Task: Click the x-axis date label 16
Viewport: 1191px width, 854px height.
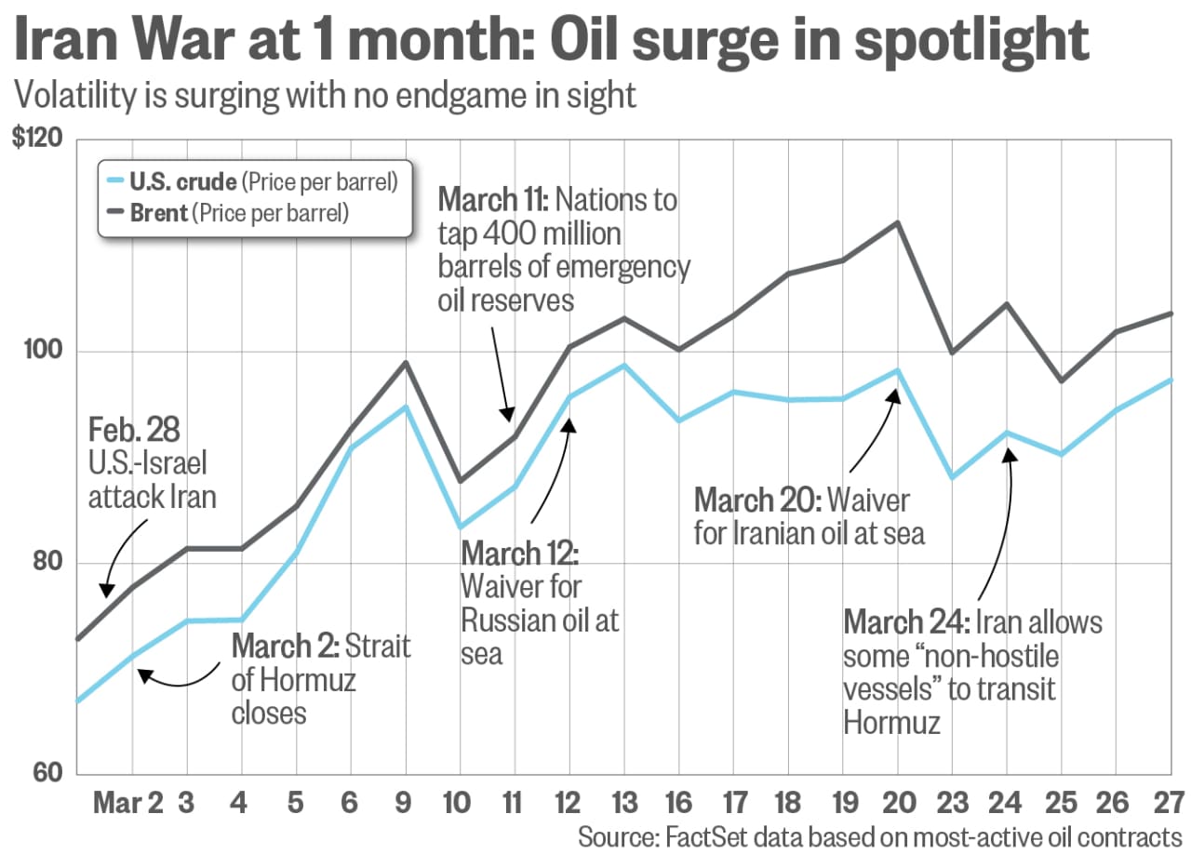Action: pos(679,803)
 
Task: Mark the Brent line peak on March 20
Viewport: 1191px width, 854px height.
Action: pos(898,222)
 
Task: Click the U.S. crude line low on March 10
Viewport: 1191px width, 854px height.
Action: pos(460,527)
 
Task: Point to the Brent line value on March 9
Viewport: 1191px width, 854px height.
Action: pos(405,362)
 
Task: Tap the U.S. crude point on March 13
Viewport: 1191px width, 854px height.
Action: pos(624,365)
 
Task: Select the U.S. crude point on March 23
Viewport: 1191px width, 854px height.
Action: pos(952,477)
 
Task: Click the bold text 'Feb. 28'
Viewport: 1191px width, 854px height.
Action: pos(135,431)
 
